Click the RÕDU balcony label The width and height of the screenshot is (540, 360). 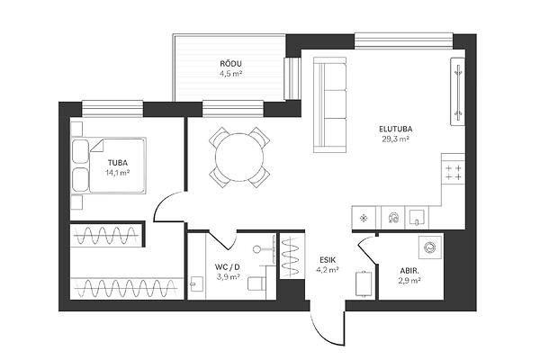(x=230, y=64)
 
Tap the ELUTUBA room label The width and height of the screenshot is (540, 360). (x=396, y=130)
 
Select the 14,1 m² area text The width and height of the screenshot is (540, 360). (x=117, y=173)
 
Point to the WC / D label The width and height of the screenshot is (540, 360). (x=228, y=266)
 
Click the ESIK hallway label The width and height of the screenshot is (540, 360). (x=328, y=260)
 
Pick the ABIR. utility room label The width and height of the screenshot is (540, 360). (x=409, y=271)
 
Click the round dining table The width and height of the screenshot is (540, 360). (x=239, y=157)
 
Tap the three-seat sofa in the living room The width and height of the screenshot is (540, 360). (x=329, y=104)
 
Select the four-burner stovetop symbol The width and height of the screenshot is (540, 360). (x=454, y=173)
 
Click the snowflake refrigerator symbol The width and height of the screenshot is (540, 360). (x=363, y=218)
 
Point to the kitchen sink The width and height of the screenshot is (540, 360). (x=417, y=218)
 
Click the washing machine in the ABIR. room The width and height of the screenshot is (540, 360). (x=430, y=247)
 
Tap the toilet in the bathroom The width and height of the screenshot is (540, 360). (x=256, y=283)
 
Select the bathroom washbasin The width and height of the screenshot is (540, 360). (x=197, y=284)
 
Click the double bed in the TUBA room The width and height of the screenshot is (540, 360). (x=109, y=165)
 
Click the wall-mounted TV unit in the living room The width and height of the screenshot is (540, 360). (x=458, y=91)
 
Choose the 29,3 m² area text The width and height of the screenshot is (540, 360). (x=395, y=139)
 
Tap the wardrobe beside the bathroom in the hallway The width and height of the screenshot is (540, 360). (x=292, y=256)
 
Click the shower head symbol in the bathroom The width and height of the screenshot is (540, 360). (x=256, y=248)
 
